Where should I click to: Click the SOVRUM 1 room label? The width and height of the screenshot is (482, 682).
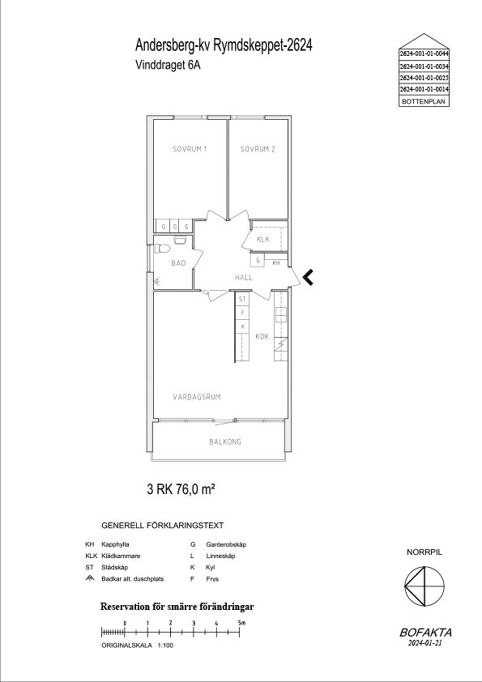coord(190,149)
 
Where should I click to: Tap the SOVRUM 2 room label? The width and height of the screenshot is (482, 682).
coord(258,149)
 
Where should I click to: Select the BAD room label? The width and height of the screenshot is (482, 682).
coord(178,263)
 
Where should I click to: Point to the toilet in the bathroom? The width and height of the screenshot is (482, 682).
coord(161,249)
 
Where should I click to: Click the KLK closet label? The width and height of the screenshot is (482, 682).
coord(263,239)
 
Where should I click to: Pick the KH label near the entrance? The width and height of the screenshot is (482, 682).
coord(276,262)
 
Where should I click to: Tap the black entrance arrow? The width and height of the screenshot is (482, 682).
coord(308,277)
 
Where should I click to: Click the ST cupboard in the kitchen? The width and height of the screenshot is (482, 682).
coord(242,299)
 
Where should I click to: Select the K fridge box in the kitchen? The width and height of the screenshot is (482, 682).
coord(242,326)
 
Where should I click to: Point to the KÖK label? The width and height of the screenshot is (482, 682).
coord(262,336)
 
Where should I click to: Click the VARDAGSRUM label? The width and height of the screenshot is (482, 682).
coord(197,397)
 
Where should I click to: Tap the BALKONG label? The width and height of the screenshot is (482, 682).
coord(225,442)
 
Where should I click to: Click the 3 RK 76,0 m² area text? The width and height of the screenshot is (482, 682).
coord(181,490)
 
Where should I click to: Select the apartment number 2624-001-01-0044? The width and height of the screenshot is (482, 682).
coord(424,54)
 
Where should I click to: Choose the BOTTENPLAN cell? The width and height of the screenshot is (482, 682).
coord(424,101)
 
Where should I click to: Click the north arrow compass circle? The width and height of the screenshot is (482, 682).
coord(424,586)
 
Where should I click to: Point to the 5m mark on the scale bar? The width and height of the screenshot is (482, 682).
coord(240,632)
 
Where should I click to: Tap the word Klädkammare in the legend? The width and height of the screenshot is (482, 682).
coord(121,556)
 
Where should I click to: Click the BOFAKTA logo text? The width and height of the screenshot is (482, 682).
coord(425,633)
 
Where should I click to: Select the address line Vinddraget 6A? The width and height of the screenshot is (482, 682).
coord(168,65)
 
